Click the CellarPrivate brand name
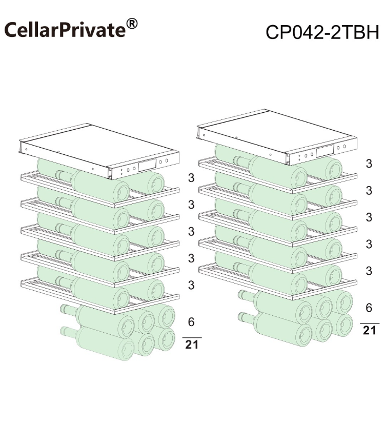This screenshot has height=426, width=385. click(65, 30)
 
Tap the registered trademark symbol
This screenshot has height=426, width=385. click(132, 24)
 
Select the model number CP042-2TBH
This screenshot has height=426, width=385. click(322, 32)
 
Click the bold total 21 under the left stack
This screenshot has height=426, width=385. click(192, 344)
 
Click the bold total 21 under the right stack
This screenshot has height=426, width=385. click(369, 330)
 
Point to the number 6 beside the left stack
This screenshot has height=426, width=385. click(191, 322)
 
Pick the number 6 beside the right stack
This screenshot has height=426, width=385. click(369, 308)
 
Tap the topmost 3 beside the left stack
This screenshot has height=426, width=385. click(191, 178)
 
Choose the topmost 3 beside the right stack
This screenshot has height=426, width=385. click(369, 164)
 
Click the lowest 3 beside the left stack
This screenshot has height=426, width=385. click(191, 285)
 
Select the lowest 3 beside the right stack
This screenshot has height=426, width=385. click(369, 271)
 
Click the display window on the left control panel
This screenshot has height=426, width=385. click(147, 165)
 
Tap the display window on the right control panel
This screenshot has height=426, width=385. click(325, 151)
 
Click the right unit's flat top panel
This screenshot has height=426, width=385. click(277, 132)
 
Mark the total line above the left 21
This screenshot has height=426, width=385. click(192, 338)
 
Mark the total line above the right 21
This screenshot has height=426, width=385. click(370, 323)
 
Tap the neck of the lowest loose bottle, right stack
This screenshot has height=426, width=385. click(247, 317)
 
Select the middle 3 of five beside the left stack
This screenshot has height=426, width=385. click(191, 232)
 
